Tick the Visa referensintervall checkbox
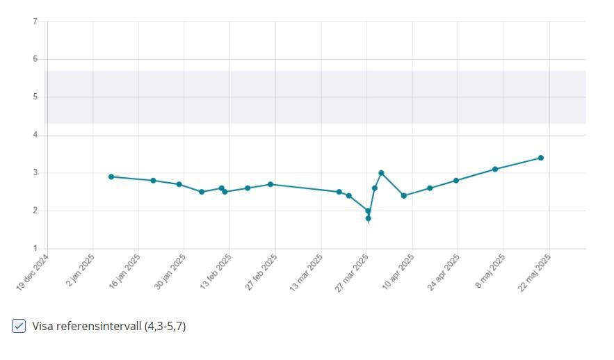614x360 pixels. point(19,326)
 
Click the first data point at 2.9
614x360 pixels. point(111,177)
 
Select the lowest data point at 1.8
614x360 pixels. point(369,218)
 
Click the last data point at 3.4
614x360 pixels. point(540,158)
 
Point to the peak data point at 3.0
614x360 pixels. point(381,172)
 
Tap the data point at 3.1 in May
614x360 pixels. point(495,169)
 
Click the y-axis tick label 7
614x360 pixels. point(35,22)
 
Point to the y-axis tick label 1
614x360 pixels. point(35,248)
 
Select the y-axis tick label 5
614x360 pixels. point(35,97)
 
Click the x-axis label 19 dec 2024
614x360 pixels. point(33,273)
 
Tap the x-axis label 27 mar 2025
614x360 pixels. point(353,272)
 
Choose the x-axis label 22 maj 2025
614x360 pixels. point(535,272)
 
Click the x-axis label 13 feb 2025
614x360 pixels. point(216,272)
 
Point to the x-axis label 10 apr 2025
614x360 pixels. point(398,272)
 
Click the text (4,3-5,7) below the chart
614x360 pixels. point(165,326)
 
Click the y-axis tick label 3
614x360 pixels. point(35,172)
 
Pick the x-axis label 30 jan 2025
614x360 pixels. point(170,272)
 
